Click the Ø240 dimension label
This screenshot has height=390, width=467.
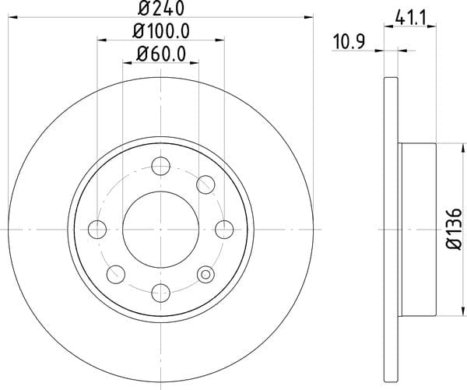pos(161,8)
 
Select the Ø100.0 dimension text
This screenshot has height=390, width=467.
pos(161,31)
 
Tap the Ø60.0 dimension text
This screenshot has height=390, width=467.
pos(161,54)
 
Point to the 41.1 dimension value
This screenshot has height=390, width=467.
pos(411,19)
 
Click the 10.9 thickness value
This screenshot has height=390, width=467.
pos(349,42)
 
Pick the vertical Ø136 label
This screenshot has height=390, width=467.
pos(454,229)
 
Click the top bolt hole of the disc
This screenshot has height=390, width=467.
pos(161,166)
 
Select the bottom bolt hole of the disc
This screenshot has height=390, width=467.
pos(161,293)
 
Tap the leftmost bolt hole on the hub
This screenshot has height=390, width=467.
pos(97,230)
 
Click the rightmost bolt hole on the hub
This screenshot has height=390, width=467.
pos(224,230)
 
